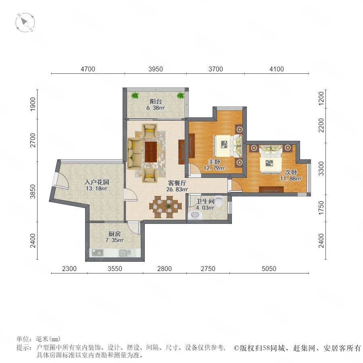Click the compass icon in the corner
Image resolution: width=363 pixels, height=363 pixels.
[25, 23]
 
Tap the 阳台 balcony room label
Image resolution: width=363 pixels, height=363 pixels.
[156, 101]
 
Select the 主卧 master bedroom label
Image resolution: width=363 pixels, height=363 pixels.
[214, 162]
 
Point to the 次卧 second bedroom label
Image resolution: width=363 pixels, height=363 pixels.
[291, 172]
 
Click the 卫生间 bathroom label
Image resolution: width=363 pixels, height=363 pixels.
[205, 201]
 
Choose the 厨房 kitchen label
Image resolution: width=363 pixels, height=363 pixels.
[115, 234]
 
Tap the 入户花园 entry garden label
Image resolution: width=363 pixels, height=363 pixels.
[96, 182]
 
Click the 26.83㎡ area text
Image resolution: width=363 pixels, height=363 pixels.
[177, 190]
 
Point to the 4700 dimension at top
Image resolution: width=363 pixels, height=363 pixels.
[88, 69]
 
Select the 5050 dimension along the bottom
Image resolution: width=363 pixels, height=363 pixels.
[269, 269]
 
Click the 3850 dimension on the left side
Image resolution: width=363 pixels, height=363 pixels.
[33, 192]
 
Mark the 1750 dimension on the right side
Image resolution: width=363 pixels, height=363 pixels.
[321, 208]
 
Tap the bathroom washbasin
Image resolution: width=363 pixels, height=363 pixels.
[195, 215]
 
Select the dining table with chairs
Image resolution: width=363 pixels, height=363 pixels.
[166, 207]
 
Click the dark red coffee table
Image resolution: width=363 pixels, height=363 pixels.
[151, 152]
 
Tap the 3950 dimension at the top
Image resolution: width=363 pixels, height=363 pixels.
[156, 69]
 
